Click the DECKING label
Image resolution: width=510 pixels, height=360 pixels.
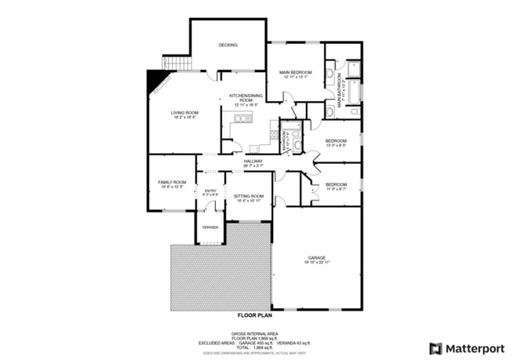coord(228,45)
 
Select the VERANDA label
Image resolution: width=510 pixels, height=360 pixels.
coord(209,227)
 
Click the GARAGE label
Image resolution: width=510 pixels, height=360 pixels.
coord(317,260)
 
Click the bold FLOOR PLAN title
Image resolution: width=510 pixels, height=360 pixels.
coord(255,315)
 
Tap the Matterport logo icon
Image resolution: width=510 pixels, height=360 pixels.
coord(435,347)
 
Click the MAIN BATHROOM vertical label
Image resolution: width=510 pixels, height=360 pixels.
coord(341,92)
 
